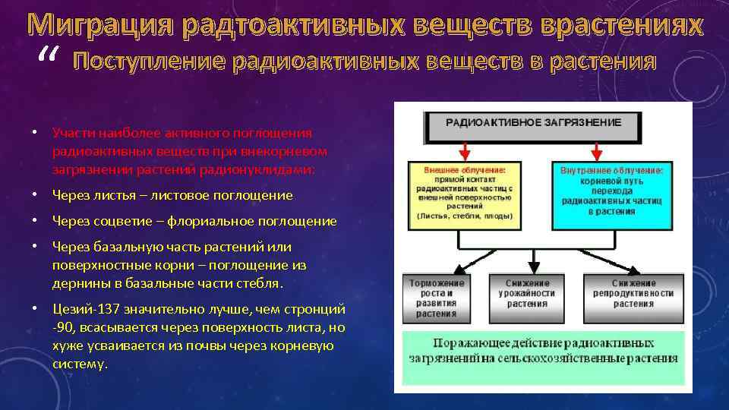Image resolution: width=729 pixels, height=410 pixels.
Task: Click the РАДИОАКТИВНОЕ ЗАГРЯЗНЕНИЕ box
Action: point(532,125)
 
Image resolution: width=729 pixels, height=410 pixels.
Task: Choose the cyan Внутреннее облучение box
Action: point(611,194)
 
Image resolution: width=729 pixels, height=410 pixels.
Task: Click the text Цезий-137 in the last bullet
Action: point(82,310)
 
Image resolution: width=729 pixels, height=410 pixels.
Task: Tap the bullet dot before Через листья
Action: point(35,195)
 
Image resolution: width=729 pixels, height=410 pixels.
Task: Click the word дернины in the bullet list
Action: point(77,283)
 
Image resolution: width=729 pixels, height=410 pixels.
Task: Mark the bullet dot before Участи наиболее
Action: point(35,131)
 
